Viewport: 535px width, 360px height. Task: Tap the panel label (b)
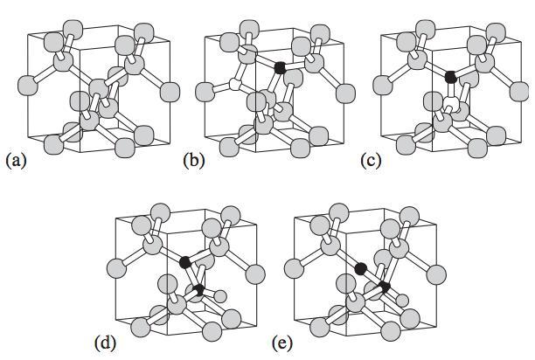click(192, 160)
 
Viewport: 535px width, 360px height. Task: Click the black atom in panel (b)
click(279, 67)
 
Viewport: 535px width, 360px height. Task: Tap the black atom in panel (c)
click(450, 77)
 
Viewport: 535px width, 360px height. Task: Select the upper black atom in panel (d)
click(184, 261)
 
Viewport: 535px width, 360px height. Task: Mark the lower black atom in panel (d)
click(199, 288)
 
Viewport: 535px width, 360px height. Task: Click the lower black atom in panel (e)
click(385, 286)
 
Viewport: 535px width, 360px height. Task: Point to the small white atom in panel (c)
click(451, 107)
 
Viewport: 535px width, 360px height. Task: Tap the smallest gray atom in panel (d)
click(219, 294)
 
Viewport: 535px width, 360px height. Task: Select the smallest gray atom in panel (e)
click(402, 301)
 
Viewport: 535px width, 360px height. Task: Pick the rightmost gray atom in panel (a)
click(170, 91)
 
